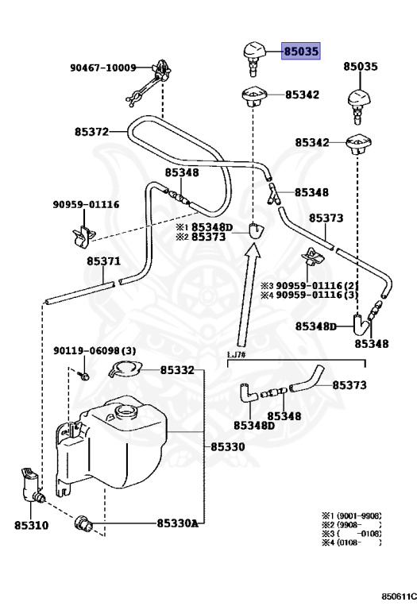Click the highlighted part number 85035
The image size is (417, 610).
pyautogui.click(x=301, y=52)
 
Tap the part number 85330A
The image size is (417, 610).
pyautogui.click(x=177, y=523)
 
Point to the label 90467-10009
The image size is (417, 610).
pyautogui.click(x=102, y=68)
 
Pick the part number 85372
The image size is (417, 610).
pyautogui.click(x=92, y=131)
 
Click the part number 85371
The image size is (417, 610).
pyautogui.click(x=103, y=261)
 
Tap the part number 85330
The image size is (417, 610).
pyautogui.click(x=227, y=447)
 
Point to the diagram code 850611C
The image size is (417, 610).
pyautogui.click(x=396, y=596)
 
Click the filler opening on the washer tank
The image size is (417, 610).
pyautogui.click(x=126, y=414)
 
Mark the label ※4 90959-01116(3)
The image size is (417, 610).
pyautogui.click(x=310, y=295)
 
